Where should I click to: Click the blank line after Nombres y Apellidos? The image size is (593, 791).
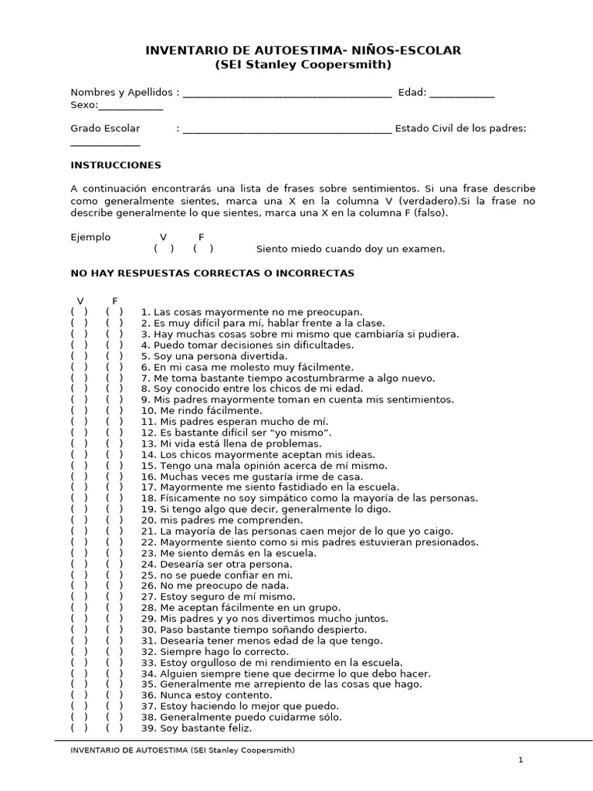286,94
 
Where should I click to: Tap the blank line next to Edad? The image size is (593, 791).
462,94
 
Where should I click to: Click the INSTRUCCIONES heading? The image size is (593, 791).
116,165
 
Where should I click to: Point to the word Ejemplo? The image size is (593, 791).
90,237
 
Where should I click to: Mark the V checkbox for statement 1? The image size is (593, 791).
79,312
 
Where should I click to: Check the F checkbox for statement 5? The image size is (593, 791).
114,356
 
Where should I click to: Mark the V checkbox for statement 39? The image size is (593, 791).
79,728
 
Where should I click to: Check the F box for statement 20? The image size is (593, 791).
114,520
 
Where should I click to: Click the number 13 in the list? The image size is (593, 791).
148,443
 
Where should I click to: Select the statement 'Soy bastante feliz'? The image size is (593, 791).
206,728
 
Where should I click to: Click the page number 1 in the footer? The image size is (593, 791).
520,760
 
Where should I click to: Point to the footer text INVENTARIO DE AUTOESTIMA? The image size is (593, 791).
182,750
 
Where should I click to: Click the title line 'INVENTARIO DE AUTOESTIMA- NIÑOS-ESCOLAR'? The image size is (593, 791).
303,51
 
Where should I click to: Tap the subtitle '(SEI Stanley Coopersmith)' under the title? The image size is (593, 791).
303,64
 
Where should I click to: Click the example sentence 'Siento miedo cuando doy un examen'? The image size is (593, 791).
351,249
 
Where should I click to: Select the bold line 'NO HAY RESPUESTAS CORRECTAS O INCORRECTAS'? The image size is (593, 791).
212,273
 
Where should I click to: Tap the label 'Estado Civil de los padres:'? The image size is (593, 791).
460,128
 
